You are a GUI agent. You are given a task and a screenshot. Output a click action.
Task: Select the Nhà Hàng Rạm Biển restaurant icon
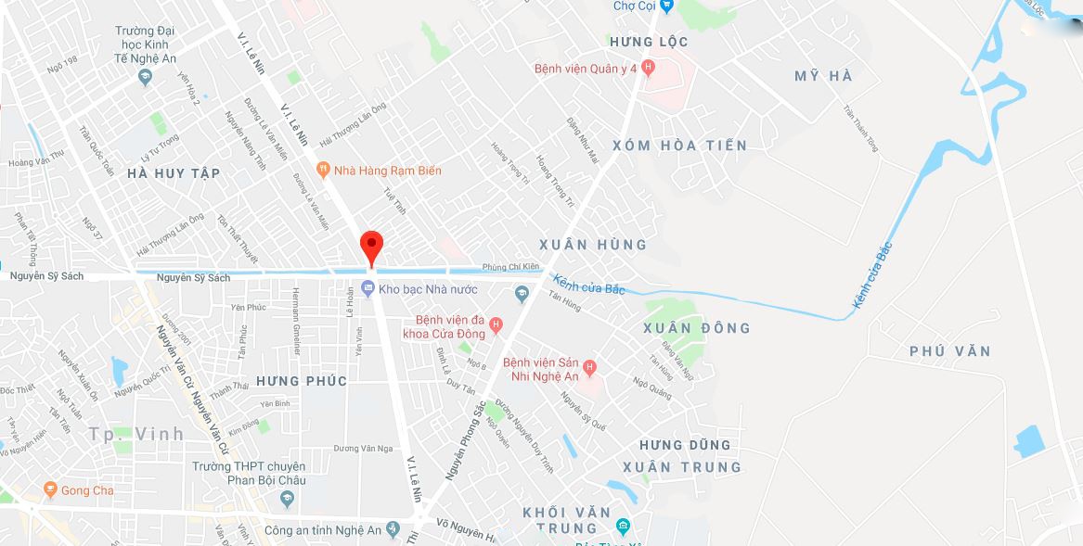pyautogui.click(x=323, y=170)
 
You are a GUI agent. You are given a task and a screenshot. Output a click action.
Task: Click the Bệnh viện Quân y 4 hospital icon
pyautogui.click(x=648, y=68)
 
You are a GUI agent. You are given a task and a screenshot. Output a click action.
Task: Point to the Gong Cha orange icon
pyautogui.click(x=50, y=489)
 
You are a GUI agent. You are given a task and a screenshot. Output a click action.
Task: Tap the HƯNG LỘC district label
pyautogui.click(x=650, y=42)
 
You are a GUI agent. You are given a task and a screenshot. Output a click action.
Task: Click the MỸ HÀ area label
pyautogui.click(x=823, y=76)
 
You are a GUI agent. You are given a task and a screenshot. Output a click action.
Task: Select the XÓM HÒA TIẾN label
pyautogui.click(x=679, y=146)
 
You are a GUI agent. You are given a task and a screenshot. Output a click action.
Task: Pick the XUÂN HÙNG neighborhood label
pyautogui.click(x=593, y=245)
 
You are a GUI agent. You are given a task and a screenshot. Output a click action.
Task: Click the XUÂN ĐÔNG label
pyautogui.click(x=697, y=328)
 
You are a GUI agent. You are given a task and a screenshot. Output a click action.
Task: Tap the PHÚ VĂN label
pyautogui.click(x=950, y=351)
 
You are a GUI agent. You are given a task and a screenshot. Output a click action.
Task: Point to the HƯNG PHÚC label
pyautogui.click(x=302, y=381)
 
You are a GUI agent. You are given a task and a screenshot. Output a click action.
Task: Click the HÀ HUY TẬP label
pyautogui.click(x=174, y=173)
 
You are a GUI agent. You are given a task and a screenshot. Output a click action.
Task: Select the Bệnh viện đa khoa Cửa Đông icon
pyautogui.click(x=496, y=325)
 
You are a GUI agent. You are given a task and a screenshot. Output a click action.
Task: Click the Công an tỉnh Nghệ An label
pyautogui.click(x=322, y=530)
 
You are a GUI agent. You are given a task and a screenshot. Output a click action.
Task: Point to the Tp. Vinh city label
pyautogui.click(x=136, y=434)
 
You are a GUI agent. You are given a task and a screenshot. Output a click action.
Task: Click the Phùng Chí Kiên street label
pyautogui.click(x=510, y=267)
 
